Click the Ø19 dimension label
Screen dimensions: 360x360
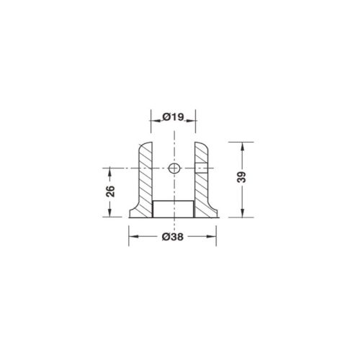click(x=173, y=117)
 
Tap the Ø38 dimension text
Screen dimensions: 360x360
click(x=173, y=237)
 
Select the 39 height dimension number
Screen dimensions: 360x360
click(x=242, y=177)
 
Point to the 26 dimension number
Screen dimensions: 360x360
click(x=110, y=192)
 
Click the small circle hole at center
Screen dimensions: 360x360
click(x=174, y=168)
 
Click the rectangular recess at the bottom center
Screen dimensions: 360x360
click(x=173, y=209)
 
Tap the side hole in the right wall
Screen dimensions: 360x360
click(x=201, y=168)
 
